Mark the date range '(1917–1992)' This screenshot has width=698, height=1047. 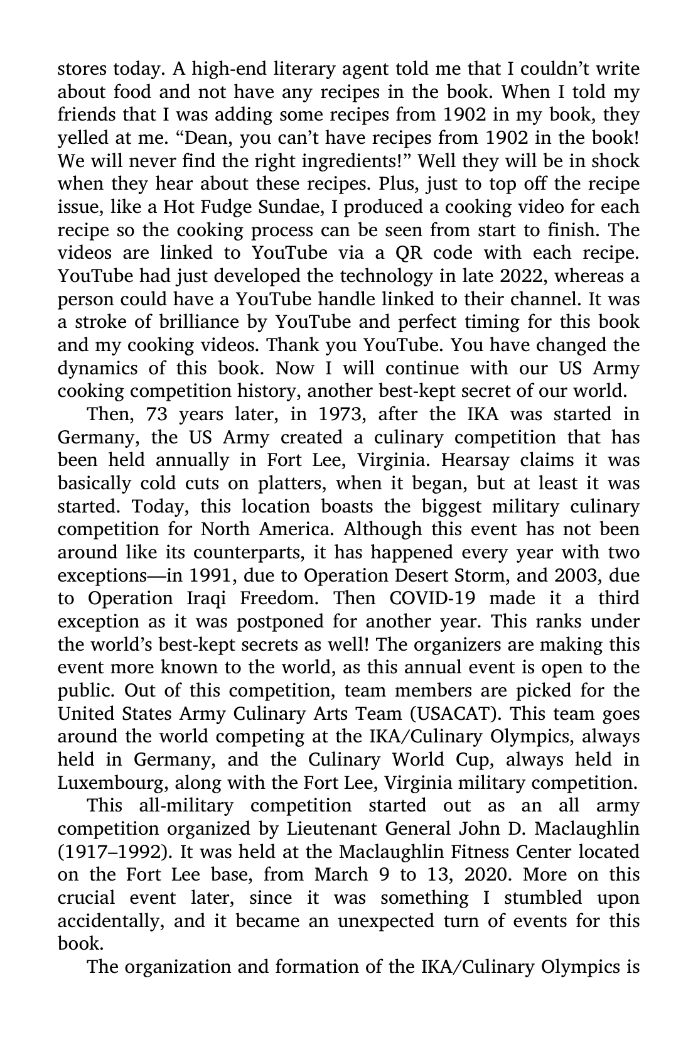coord(113,852)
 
